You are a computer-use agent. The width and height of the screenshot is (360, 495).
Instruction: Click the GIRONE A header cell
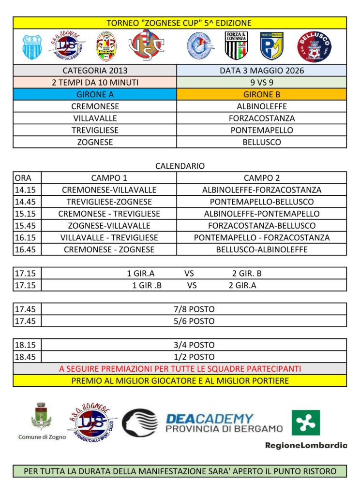point(95,95)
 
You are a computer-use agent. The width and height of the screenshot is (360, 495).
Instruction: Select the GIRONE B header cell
point(262,95)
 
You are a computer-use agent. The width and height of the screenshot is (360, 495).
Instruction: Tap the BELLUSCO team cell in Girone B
point(262,142)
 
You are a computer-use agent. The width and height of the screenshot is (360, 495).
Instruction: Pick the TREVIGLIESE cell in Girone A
point(95,131)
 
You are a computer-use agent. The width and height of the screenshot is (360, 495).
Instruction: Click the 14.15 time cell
point(27,190)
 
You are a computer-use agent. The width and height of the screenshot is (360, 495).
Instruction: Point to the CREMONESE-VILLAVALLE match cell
point(109,190)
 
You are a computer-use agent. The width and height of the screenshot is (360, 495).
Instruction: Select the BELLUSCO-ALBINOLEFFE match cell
point(262,249)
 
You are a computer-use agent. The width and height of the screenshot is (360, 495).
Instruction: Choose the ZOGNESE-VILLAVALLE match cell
point(109,226)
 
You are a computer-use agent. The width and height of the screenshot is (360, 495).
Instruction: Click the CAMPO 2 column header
point(262,178)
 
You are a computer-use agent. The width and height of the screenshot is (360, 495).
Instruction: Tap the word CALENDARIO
point(180,166)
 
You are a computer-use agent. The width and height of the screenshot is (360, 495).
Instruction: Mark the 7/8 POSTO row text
point(194,309)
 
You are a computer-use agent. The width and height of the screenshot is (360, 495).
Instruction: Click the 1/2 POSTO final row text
point(194,357)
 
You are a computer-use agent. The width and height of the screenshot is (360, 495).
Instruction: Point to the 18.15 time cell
point(27,345)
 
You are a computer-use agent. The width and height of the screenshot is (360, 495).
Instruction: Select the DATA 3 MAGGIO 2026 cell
point(262,71)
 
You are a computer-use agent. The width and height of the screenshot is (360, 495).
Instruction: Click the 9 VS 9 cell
point(262,83)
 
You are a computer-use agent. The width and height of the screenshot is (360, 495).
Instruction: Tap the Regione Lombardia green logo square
point(305,422)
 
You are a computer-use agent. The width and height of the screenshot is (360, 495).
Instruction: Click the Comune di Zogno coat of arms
point(42,417)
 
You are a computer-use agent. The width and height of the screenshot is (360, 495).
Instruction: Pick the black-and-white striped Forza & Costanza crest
point(236,45)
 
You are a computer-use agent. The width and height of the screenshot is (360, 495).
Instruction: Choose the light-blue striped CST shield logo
point(33,45)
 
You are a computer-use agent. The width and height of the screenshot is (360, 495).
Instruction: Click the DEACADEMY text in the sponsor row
point(210,419)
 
